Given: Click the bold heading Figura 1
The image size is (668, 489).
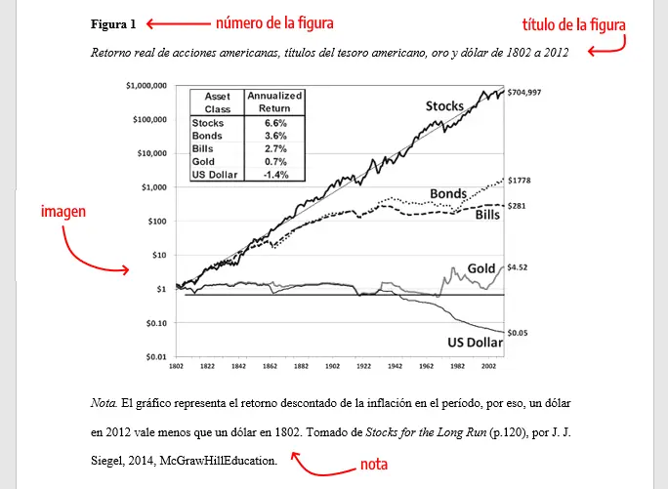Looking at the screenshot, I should coord(113,22).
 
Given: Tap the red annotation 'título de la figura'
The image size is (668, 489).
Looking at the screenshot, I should coord(574,25).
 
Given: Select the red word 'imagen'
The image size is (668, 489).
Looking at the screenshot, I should coord(63,211).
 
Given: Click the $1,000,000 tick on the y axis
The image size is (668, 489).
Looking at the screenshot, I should coord(146,86).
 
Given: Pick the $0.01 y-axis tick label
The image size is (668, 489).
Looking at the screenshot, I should coord(156,356).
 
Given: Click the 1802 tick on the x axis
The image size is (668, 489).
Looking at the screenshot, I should coord(176,368).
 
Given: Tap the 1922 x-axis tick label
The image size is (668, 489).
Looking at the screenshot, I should coord(363,368).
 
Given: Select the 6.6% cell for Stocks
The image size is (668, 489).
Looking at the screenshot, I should coord(274,123).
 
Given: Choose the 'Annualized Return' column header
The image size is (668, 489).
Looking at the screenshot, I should coord(274,102).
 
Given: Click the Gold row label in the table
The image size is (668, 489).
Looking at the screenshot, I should coord(203,161).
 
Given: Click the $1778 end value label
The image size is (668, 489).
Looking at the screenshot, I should coord(520,181).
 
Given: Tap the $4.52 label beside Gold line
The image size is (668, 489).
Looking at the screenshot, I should coord(519,266).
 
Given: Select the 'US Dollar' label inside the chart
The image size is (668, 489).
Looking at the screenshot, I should coord(474,343).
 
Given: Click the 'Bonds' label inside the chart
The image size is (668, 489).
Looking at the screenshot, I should coord(448,193).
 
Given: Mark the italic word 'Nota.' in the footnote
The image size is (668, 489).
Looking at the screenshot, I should coord(104,401).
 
